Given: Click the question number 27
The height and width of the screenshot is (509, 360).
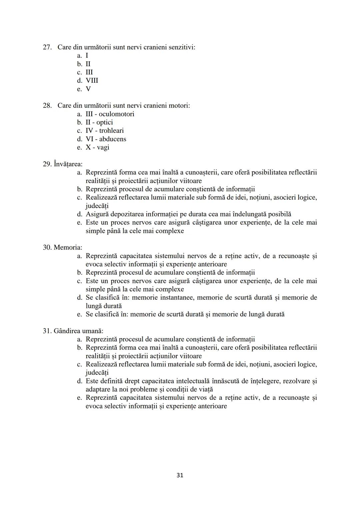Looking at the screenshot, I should click(47, 47).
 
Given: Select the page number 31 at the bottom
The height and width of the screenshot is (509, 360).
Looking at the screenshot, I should click(180, 475).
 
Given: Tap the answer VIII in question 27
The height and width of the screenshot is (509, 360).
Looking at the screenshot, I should click(92, 81).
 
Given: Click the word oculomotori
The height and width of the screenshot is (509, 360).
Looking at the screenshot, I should click(116, 114).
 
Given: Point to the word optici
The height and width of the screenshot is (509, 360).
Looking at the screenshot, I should click(105, 122).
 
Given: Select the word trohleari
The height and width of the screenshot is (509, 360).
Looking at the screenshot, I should click(111, 131).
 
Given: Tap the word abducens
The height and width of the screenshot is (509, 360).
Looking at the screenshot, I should click(113, 139).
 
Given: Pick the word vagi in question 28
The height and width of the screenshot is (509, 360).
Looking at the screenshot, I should click(103, 147).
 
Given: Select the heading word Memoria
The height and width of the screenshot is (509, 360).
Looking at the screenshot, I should click(68, 248).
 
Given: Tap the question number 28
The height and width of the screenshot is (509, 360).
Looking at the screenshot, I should click(47, 106).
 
